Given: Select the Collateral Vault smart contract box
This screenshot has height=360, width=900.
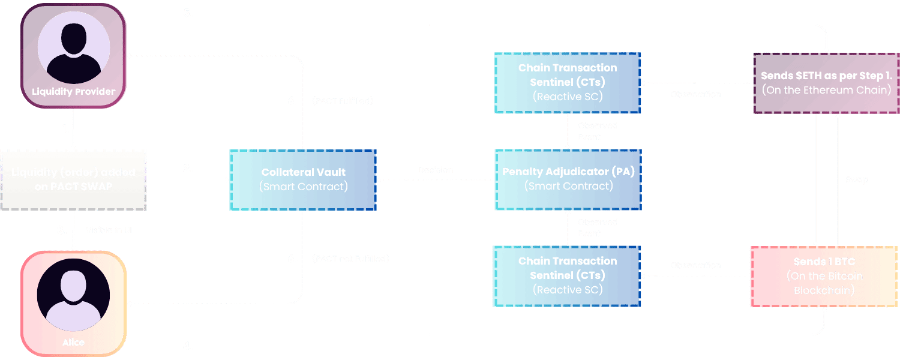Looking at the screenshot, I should click(303, 179).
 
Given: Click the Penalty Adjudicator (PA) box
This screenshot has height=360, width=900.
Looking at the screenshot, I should click(568, 179).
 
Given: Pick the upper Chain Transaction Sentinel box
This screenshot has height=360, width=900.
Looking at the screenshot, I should click(567, 83).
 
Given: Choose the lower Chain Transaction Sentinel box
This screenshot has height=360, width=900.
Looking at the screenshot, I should click(567, 276).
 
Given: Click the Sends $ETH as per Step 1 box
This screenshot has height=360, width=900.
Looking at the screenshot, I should click(826, 83).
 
